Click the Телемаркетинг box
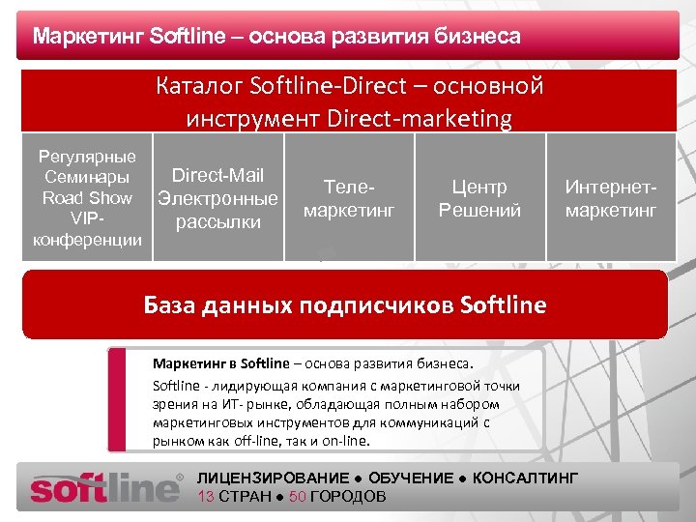349,198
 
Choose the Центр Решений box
479,198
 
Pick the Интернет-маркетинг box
611,198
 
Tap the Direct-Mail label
217,175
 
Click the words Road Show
87,197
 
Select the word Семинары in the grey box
87,177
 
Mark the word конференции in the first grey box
87,239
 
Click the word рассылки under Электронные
217,221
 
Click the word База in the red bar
170,305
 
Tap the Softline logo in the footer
105,487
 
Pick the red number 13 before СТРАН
205,497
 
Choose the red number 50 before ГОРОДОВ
298,497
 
